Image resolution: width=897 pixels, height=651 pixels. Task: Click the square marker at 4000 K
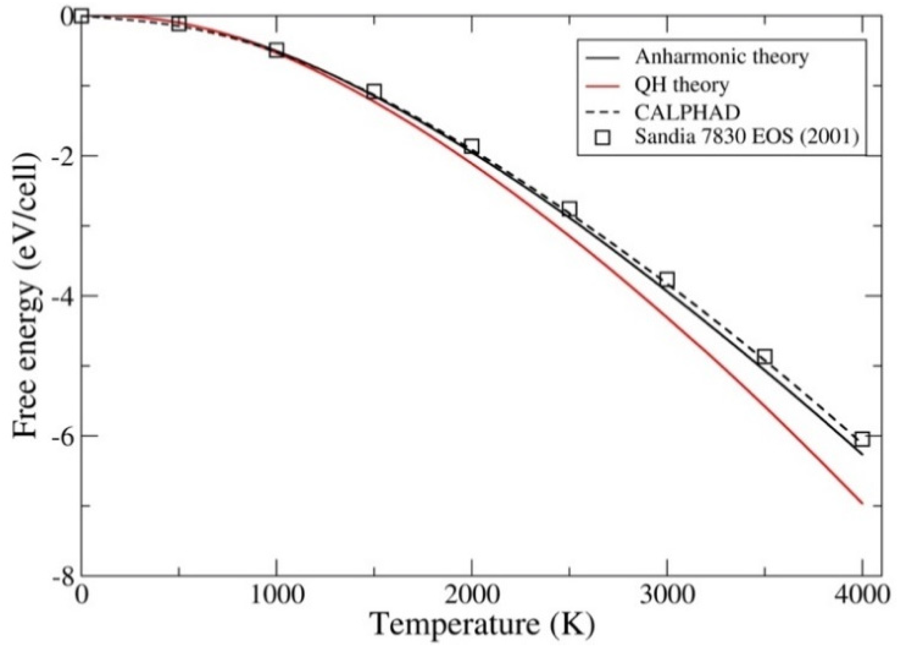pyautogui.click(x=862, y=439)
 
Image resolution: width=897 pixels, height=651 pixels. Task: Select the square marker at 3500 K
pyautogui.click(x=765, y=357)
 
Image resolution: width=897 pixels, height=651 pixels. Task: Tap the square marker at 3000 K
pyautogui.click(x=667, y=280)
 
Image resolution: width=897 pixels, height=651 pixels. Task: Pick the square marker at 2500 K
pyautogui.click(x=569, y=208)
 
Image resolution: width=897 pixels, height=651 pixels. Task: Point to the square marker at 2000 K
pyautogui.click(x=471, y=146)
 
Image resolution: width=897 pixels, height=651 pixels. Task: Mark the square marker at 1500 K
pyautogui.click(x=374, y=91)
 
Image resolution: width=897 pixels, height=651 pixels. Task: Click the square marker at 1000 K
pyautogui.click(x=276, y=50)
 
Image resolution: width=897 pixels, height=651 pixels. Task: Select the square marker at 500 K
pyautogui.click(x=179, y=23)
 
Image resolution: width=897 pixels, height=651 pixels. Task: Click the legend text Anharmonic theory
pyautogui.click(x=721, y=57)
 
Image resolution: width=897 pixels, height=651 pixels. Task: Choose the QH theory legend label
pyautogui.click(x=681, y=85)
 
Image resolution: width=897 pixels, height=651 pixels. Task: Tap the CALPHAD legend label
pyautogui.click(x=687, y=112)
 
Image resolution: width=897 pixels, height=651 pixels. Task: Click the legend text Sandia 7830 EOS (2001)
pyautogui.click(x=747, y=137)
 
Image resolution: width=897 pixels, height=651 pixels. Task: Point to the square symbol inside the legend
pyautogui.click(x=603, y=138)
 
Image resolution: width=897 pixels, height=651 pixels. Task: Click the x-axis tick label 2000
pyautogui.click(x=471, y=596)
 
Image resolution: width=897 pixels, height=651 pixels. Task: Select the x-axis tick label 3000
pyautogui.click(x=667, y=596)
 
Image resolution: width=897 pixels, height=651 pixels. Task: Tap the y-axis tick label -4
pyautogui.click(x=62, y=296)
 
